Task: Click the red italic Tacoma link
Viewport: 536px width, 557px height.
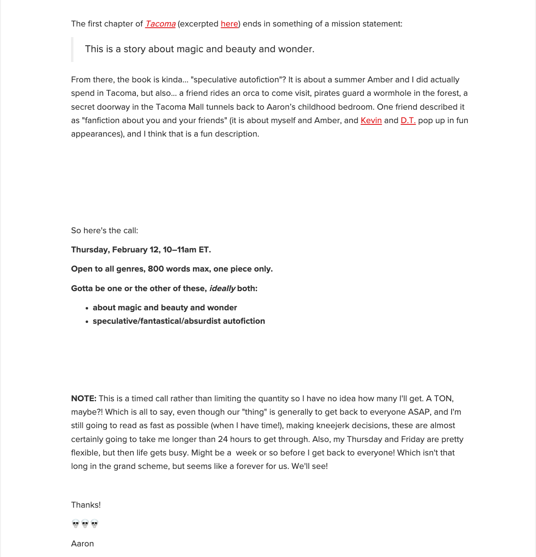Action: tap(160, 24)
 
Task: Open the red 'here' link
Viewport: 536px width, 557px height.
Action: tap(229, 24)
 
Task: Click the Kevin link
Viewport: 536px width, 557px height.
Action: tap(371, 121)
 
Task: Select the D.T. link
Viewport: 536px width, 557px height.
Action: tap(408, 121)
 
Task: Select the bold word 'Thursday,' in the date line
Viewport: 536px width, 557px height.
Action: tap(90, 250)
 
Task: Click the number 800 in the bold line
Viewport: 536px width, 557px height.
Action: tap(155, 269)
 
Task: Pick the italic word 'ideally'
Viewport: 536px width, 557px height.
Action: tap(222, 289)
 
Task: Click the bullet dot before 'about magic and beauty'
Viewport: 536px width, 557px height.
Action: tap(87, 308)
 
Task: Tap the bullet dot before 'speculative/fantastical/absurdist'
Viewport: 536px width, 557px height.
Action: tap(87, 322)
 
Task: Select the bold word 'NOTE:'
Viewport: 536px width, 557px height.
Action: tap(84, 399)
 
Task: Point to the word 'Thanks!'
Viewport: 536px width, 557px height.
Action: tap(86, 505)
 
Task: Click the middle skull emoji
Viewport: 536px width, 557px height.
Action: tap(85, 524)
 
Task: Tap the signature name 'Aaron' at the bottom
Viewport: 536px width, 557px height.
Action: tap(82, 544)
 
